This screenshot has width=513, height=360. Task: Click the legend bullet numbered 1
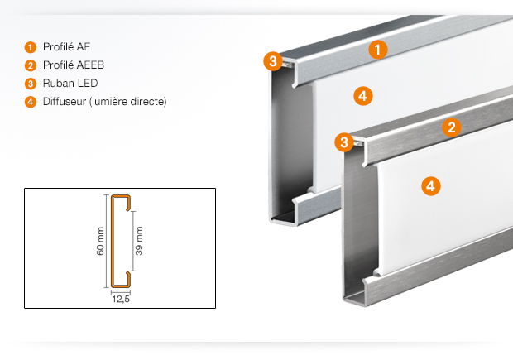click(x=31, y=47)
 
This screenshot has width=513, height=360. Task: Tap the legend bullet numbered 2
click(x=31, y=65)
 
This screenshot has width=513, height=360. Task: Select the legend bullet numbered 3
click(x=31, y=84)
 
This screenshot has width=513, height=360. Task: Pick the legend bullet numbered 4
click(x=31, y=102)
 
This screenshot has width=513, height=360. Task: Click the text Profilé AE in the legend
click(x=67, y=47)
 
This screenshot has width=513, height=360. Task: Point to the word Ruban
click(x=59, y=83)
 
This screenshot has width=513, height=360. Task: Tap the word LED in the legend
click(x=88, y=83)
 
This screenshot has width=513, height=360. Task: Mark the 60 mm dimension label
click(x=100, y=241)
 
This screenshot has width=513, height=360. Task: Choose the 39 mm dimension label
click(x=139, y=241)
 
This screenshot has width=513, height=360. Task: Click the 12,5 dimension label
click(x=121, y=299)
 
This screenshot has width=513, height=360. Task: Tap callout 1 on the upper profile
click(x=378, y=50)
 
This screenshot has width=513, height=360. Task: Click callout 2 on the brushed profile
click(x=452, y=127)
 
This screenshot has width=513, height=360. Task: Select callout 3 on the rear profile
click(x=273, y=61)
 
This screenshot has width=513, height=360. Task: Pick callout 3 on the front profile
click(x=344, y=142)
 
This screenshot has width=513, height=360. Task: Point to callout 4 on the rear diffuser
click(x=363, y=96)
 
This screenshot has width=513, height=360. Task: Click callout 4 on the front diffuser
click(x=431, y=186)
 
